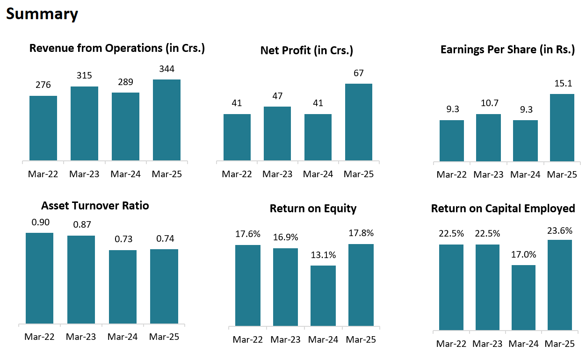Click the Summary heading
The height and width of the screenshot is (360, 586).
tap(42, 14)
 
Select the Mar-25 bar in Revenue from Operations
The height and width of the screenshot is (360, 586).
tap(166, 120)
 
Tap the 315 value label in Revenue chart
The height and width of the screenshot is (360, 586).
tap(84, 76)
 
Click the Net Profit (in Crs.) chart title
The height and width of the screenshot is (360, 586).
tap(306, 50)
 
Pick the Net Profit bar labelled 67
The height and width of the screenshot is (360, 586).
tap(359, 122)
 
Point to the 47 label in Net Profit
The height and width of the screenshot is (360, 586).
tap(277, 96)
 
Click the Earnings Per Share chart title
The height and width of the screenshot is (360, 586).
tap(507, 50)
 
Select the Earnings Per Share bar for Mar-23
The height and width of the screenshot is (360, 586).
tap(488, 138)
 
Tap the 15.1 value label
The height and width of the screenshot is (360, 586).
tap(562, 83)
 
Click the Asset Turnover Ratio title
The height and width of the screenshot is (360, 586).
tap(95, 206)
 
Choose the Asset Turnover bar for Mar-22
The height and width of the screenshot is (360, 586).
tap(39, 278)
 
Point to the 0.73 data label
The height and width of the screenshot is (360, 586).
tap(123, 239)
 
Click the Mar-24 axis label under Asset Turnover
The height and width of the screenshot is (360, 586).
tap(123, 337)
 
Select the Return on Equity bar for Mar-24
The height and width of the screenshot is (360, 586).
tap(323, 295)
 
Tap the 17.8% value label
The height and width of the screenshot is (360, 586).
tap(361, 233)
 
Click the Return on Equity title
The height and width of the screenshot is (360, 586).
tap(313, 209)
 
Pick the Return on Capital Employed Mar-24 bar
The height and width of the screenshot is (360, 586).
tap(523, 297)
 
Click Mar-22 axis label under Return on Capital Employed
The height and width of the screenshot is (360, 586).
tap(451, 344)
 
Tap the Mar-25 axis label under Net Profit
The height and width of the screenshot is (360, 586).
tap(359, 174)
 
